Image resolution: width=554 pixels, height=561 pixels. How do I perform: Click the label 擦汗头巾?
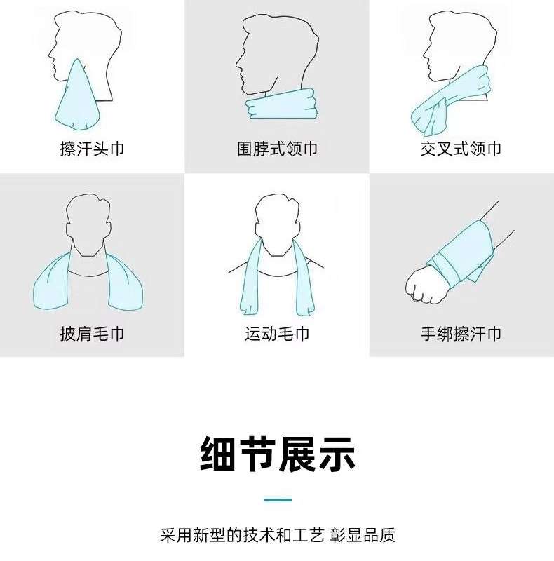(92, 149)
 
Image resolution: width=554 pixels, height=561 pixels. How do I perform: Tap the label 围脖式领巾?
(277, 149)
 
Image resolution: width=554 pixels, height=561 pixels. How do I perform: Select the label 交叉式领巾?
(461, 149)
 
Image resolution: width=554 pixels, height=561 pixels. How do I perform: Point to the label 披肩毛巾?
(92, 334)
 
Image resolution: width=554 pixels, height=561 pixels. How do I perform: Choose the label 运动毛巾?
(277, 334)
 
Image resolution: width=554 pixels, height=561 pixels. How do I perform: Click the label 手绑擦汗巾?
(461, 334)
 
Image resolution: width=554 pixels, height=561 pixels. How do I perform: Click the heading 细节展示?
(278, 454)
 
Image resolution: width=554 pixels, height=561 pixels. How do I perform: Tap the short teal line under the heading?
(278, 500)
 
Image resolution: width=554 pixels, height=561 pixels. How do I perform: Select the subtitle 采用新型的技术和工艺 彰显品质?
(278, 535)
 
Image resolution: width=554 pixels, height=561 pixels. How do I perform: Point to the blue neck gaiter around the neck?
(282, 104)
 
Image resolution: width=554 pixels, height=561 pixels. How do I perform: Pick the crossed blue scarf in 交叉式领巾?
(451, 100)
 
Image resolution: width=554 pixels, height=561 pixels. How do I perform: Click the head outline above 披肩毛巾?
(88, 224)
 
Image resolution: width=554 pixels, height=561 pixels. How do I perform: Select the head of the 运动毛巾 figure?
(278, 224)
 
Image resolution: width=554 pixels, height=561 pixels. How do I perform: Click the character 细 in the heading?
(218, 454)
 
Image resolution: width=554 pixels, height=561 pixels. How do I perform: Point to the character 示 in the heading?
(337, 454)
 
